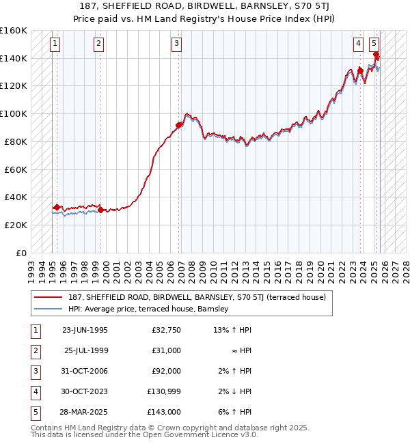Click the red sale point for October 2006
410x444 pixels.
point(179,125)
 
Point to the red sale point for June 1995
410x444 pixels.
point(57,207)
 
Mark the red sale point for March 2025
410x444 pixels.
point(376,55)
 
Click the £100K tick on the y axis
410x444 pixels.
point(14,113)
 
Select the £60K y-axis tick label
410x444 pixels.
point(16,169)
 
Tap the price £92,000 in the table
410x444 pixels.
point(166,371)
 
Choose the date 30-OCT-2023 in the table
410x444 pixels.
point(85,391)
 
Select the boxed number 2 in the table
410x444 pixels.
point(35,350)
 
